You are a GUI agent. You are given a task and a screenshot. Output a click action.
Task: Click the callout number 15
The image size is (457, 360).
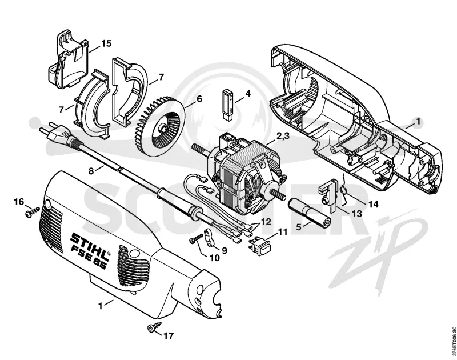(106, 43)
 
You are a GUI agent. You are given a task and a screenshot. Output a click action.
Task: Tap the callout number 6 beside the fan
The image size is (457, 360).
(199, 99)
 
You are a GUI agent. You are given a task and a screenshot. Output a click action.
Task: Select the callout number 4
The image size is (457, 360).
(248, 94)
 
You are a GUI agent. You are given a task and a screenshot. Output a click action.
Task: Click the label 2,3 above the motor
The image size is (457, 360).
(282, 135)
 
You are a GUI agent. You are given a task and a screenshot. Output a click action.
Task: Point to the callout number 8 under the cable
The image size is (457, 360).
(91, 170)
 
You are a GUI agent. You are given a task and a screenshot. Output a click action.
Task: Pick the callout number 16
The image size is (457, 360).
(19, 202)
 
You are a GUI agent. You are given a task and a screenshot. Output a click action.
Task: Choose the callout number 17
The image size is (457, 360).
(168, 336)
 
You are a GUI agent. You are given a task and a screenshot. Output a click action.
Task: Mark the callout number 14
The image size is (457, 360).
(373, 204)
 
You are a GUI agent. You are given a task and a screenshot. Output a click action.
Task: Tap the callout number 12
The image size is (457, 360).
(266, 222)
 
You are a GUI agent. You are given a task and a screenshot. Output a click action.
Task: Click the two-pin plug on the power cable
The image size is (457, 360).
(58, 134)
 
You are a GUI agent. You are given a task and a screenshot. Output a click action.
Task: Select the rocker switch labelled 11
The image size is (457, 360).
(260, 245)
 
